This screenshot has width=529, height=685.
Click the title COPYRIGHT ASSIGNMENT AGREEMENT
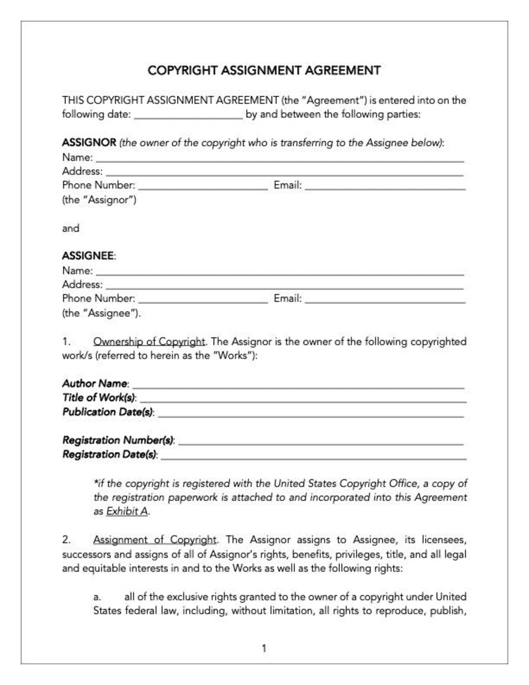coord(264,71)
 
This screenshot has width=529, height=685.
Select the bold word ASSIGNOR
coord(89,143)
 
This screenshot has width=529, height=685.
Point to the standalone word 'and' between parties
coord(71,228)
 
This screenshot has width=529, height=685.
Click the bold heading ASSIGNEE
coord(88,256)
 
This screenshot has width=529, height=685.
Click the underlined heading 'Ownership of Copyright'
coord(149,342)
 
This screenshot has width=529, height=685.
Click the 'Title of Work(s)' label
coord(99,398)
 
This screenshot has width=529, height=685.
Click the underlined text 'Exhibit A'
coord(127,511)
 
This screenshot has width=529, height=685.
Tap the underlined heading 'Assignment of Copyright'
coord(155,540)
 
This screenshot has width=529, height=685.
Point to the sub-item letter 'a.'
coord(97,597)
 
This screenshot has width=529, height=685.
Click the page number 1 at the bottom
coord(264,648)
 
